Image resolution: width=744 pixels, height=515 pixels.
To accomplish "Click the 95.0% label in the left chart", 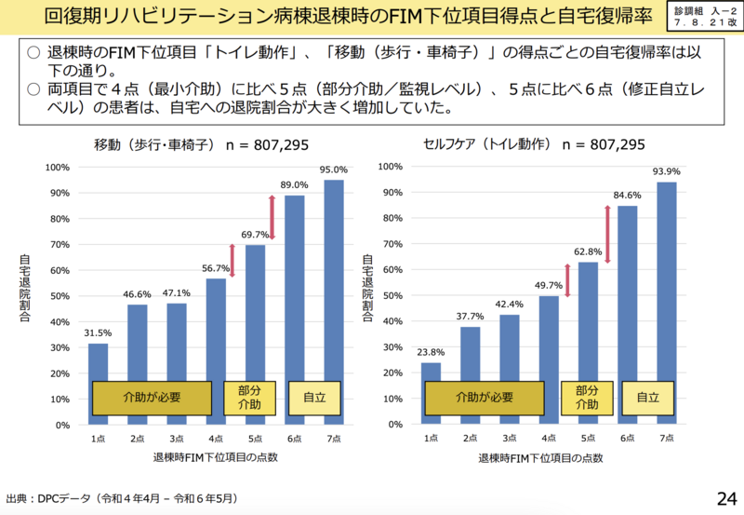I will coord(334,169).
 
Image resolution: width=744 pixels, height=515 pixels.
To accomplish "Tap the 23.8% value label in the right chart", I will coord(431,352).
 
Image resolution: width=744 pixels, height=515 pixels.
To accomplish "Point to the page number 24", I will coord(725,496).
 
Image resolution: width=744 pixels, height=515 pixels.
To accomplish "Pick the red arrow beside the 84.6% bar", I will coord(607,234).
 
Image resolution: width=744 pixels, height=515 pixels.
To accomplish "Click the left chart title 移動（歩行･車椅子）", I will coord(154,145).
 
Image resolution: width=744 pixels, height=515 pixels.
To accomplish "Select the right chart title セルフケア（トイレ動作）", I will coord(487,145).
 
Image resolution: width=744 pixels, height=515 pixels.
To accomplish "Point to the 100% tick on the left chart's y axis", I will coord(58,168).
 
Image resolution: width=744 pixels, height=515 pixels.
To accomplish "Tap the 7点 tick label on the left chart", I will coord(334,437).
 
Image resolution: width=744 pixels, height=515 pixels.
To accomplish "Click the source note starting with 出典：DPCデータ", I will coord(122,498).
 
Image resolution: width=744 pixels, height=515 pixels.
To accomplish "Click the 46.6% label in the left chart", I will coord(138,293).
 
